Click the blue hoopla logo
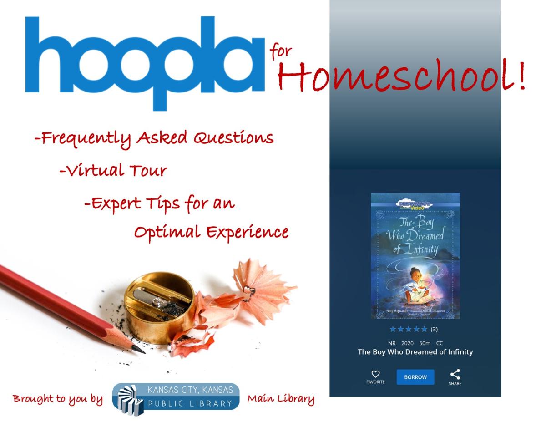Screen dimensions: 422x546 click(x=145, y=61)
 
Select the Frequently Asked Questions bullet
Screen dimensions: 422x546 click(x=154, y=138)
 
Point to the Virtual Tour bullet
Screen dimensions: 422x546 click(x=113, y=171)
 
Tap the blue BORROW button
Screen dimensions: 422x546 click(x=415, y=377)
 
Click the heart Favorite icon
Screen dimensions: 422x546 click(x=375, y=374)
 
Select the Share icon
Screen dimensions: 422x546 click(x=455, y=375)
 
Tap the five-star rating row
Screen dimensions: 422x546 click(x=408, y=329)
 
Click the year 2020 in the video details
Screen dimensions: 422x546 click(x=407, y=343)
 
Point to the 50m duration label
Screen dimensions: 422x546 click(x=425, y=343)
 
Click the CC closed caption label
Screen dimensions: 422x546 click(x=439, y=343)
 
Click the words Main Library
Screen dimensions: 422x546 click(x=280, y=399)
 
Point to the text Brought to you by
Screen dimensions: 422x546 click(x=58, y=399)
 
